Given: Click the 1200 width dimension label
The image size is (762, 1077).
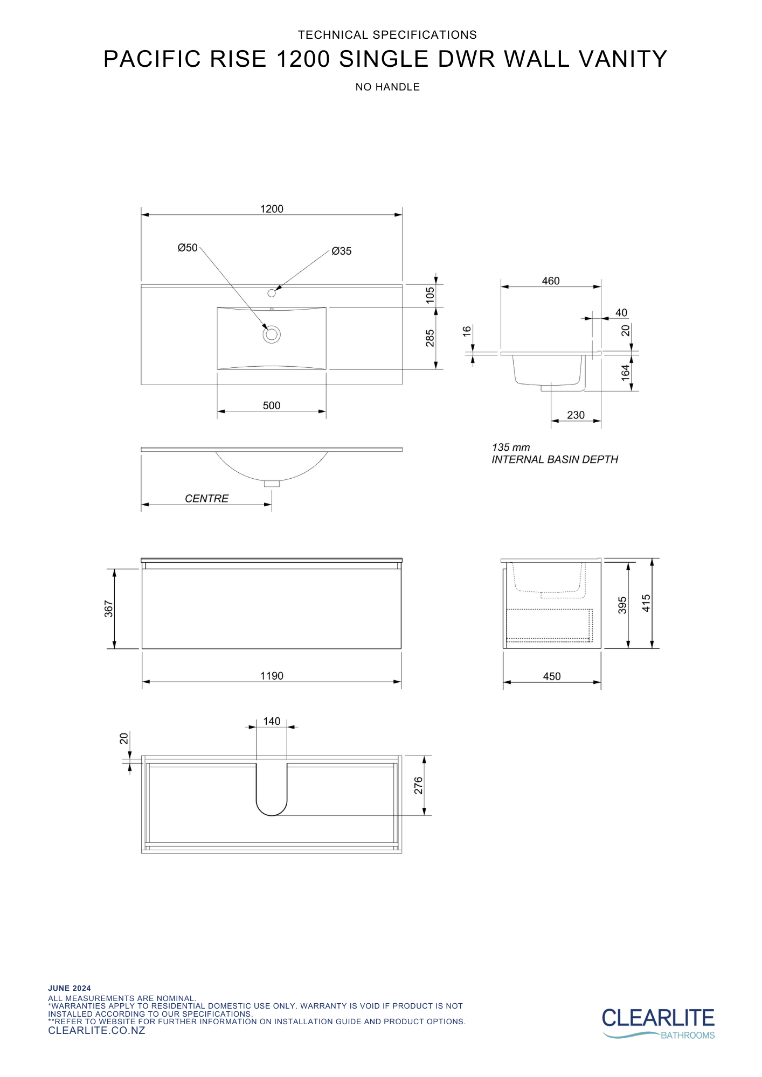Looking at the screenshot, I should [x=272, y=209].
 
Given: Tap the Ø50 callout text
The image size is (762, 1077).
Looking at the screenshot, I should [x=188, y=248].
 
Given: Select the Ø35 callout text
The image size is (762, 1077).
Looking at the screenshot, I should [x=342, y=251].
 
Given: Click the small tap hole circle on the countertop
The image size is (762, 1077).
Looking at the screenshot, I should [x=272, y=293].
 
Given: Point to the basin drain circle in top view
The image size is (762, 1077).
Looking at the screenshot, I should [x=272, y=334].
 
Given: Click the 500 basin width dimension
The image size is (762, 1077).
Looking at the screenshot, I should [x=272, y=405].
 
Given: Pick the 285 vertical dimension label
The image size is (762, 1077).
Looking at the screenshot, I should [x=430, y=338].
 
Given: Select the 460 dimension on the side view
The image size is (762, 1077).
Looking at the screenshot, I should [x=551, y=281].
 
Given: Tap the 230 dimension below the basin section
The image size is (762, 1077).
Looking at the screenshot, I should [x=576, y=415].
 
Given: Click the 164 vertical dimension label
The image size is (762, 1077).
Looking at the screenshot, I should [x=625, y=373].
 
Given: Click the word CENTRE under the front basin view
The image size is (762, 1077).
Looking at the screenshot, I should [x=206, y=499].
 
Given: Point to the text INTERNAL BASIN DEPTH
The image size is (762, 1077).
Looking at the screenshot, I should [x=555, y=459].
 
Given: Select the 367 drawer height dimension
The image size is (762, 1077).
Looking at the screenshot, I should [x=109, y=609].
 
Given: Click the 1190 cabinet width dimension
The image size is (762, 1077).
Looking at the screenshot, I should [x=272, y=676].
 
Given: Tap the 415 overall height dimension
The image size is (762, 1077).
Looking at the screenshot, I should [x=646, y=603].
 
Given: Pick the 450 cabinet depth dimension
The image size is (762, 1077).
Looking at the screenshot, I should [x=552, y=676].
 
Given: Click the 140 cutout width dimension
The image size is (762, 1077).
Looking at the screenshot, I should [x=272, y=721].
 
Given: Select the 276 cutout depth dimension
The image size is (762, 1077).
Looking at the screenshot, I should [x=419, y=786].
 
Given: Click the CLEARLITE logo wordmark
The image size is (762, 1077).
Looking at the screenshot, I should [x=658, y=1018].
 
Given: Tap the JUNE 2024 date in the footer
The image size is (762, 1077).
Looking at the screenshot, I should [x=70, y=988].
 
